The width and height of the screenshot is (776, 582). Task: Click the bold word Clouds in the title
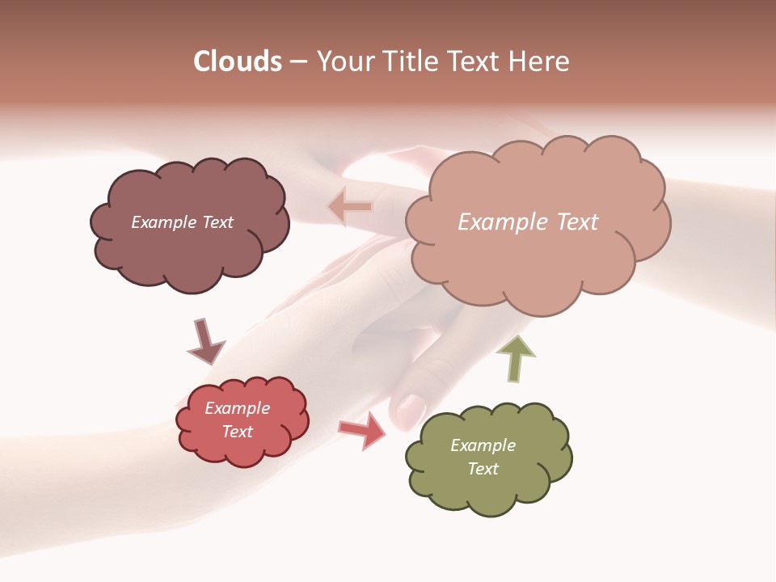click(x=238, y=61)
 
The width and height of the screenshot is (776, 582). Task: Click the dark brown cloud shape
click(x=188, y=251)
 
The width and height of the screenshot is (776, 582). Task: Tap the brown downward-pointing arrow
click(x=205, y=341)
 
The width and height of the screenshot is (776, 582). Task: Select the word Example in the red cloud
click(x=237, y=408)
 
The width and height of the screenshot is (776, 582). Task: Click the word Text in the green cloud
click(x=483, y=469)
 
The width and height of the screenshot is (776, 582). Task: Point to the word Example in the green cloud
click(x=483, y=445)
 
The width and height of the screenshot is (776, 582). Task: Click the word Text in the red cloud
click(x=237, y=432)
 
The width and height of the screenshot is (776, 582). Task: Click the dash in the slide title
click(x=298, y=62)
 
